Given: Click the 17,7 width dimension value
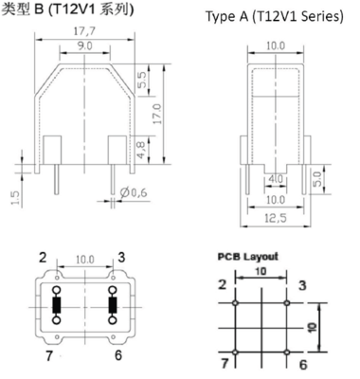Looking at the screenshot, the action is [x=84, y=31].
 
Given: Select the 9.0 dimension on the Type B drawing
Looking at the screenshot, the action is [x=85, y=46].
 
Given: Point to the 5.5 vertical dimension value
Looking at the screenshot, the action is [x=142, y=81].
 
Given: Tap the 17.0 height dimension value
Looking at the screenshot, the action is [x=157, y=114].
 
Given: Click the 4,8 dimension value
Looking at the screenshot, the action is [x=141, y=150].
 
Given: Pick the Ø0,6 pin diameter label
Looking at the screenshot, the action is [x=134, y=192].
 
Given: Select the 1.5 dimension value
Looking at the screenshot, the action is [x=15, y=197].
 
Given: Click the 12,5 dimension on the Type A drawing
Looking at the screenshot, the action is [x=276, y=218].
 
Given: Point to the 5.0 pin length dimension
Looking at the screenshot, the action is [x=317, y=179].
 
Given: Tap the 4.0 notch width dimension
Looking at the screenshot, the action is [x=276, y=179].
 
